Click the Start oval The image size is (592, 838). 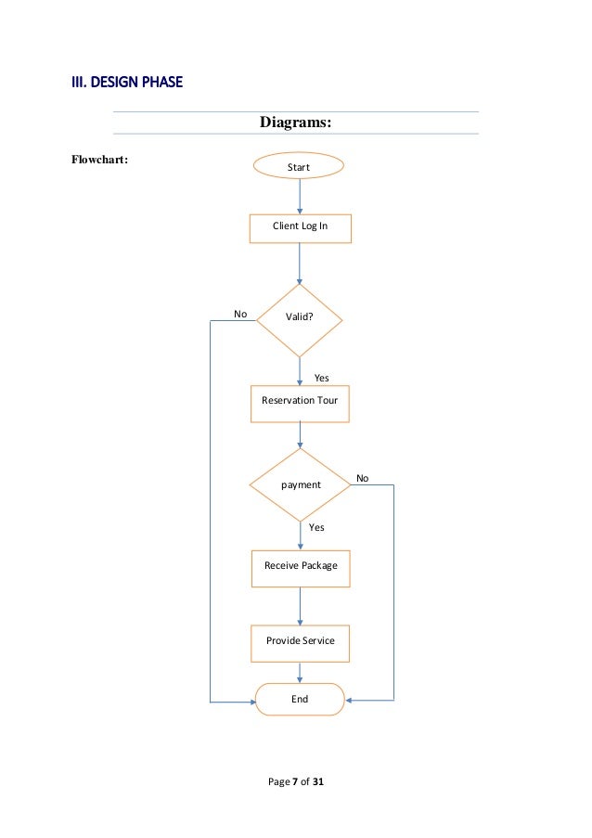click(x=299, y=167)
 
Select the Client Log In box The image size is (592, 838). click(x=300, y=226)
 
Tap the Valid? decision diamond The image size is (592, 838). click(x=299, y=316)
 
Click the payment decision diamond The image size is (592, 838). click(x=300, y=484)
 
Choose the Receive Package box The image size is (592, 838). click(x=301, y=566)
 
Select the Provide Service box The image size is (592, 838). click(x=300, y=641)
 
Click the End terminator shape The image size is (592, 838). click(x=300, y=700)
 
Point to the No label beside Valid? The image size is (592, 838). click(x=240, y=315)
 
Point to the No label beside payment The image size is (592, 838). click(x=363, y=479)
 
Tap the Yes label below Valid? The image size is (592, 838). click(x=321, y=378)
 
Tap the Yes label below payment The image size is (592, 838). click(x=316, y=527)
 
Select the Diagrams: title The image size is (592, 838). click(x=295, y=123)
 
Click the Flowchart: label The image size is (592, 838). click(x=99, y=158)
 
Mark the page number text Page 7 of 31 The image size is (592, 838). click(x=295, y=782)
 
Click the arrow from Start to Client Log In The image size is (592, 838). click(x=299, y=196)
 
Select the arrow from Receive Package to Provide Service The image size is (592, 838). click(x=300, y=606)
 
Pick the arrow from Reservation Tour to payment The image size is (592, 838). click(x=300, y=436)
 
